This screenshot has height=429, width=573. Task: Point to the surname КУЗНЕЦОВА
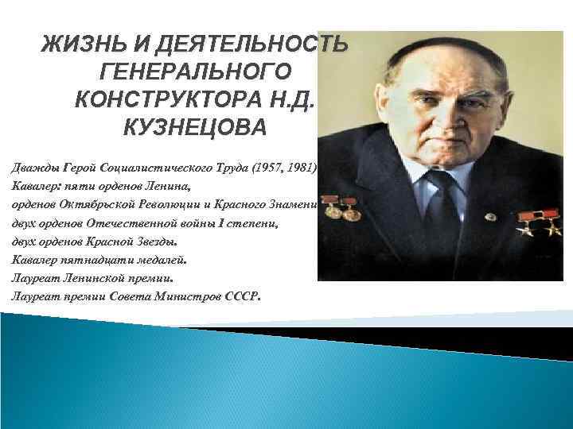click(196, 128)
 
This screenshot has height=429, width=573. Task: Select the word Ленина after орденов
click(165, 187)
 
